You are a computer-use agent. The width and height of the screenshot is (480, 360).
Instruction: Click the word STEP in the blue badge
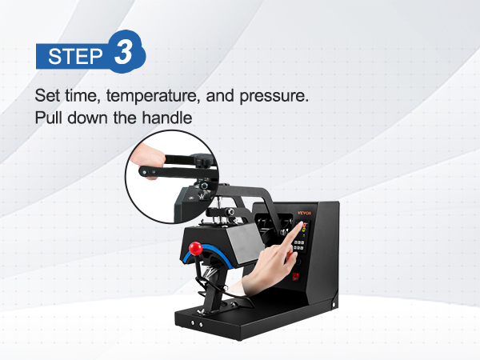75,57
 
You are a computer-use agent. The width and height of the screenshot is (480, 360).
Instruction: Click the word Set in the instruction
46,97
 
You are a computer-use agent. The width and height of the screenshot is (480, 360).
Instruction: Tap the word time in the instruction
76,97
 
